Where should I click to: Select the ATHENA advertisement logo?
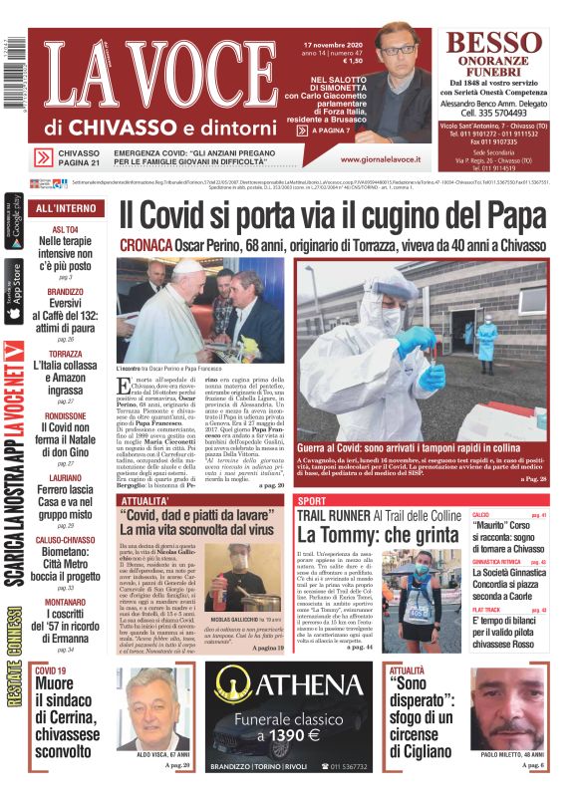(296, 686)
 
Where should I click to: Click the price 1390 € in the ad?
(294, 735)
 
